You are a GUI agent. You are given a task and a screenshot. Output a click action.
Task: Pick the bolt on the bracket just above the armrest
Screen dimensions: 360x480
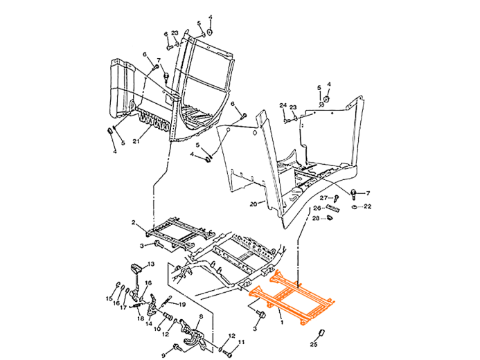click(x=148, y=53)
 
